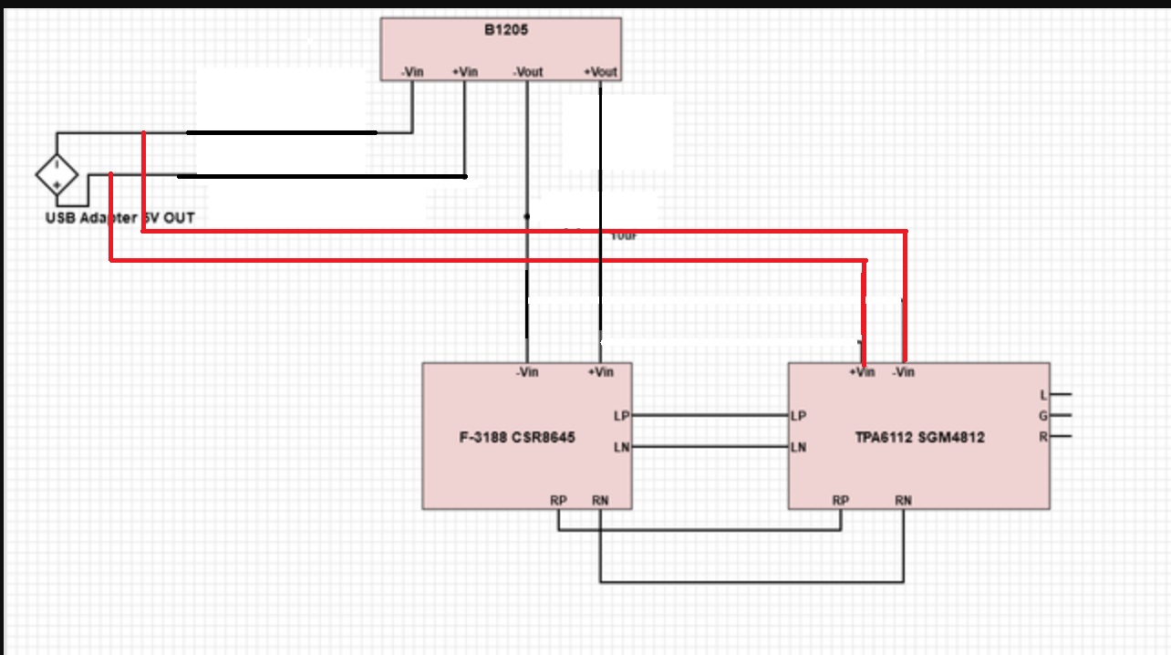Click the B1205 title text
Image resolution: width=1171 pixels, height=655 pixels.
[506, 30]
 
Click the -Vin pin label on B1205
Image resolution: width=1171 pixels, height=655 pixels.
[411, 72]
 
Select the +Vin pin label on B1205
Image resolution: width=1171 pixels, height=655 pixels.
[465, 72]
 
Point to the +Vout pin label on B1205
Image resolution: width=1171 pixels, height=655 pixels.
[600, 72]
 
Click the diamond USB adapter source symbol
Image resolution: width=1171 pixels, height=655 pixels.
[57, 174]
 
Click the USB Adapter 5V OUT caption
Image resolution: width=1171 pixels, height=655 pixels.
[119, 219]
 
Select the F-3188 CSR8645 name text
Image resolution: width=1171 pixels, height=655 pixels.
[516, 437]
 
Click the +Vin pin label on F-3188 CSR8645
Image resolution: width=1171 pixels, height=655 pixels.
[600, 372]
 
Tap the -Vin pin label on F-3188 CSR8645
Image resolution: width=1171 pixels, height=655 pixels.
[527, 372]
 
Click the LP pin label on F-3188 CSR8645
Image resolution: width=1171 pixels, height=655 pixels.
[621, 416]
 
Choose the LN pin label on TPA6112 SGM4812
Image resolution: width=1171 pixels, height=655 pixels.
[798, 447]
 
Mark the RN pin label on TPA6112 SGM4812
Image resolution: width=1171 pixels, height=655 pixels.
[903, 500]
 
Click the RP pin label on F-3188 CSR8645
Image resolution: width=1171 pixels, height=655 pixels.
[558, 500]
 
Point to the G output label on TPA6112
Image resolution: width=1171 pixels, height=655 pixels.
[1043, 416]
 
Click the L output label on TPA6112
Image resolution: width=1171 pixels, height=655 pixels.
[1043, 395]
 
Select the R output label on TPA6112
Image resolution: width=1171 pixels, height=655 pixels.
[1043, 437]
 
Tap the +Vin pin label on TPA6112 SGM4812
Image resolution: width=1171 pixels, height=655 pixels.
[862, 372]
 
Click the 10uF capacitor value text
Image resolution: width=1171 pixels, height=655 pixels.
[623, 235]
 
